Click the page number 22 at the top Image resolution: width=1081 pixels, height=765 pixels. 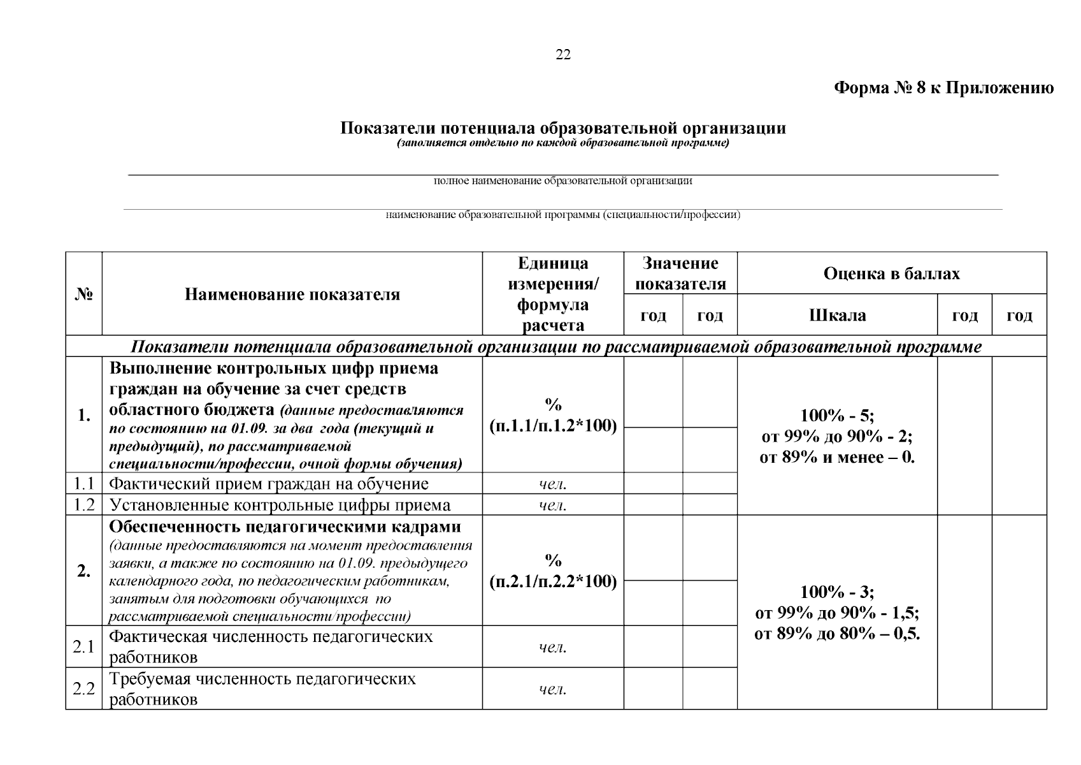pos(563,55)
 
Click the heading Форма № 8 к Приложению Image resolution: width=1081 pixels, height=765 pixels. pos(943,88)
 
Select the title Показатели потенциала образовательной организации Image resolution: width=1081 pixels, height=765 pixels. pos(563,128)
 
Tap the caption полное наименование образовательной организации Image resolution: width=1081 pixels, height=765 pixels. pos(563,181)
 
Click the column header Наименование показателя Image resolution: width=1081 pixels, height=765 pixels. pos(292,295)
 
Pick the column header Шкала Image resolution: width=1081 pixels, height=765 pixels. pos(837,316)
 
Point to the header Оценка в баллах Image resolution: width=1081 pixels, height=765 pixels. pos(891,273)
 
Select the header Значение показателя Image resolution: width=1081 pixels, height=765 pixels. pos(680,273)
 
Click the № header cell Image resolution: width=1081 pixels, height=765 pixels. pos(84,295)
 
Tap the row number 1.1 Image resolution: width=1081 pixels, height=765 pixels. pos(84,484)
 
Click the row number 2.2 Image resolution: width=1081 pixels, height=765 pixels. pos(84,689)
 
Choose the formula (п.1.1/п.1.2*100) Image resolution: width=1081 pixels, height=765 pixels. pos(553,426)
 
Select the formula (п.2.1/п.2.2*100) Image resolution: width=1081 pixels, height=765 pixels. pos(553,581)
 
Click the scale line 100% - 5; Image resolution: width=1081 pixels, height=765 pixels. pos(837,416)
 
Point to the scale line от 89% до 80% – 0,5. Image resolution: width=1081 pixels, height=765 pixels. pos(837,634)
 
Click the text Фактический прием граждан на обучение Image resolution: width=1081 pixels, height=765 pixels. pos(269,484)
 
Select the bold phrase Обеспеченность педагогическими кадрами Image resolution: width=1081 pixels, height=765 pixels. pos(285,527)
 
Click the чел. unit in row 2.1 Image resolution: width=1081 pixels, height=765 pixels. pos(553,648)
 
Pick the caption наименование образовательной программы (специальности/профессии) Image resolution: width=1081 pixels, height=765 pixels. pos(563,215)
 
